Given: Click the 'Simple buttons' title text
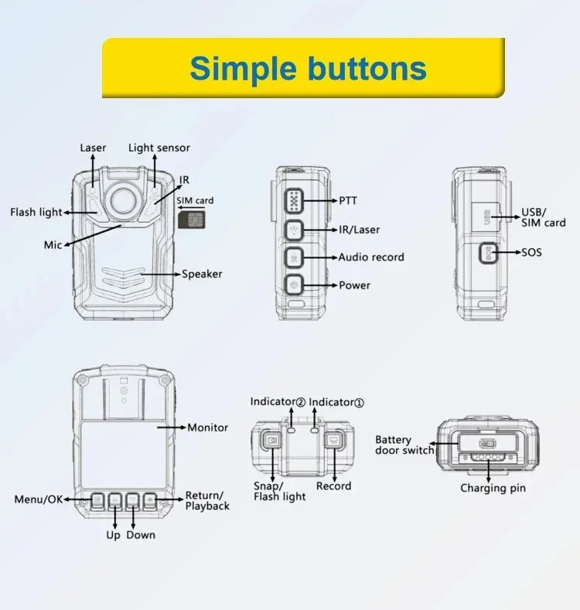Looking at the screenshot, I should [308, 68].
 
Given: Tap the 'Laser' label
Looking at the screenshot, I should [93, 148].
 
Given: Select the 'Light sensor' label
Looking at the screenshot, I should [159, 148].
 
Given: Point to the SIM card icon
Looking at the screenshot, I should [189, 220].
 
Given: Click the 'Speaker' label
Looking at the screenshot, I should [202, 274].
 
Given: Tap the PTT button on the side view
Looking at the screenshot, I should [294, 201].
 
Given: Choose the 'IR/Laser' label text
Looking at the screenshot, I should [360, 230].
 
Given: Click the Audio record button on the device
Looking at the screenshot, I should [294, 257].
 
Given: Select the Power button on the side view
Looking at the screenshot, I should [294, 285].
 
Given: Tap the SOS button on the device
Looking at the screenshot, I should [487, 252].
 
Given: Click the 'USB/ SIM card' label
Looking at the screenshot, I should [544, 217].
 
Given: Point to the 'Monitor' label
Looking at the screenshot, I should [208, 428].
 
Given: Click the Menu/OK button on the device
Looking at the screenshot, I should [97, 500].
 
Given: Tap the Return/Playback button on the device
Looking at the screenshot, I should [150, 500].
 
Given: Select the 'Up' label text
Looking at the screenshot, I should [113, 535].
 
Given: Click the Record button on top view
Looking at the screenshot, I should [333, 441].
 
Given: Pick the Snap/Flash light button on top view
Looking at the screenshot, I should [271, 441].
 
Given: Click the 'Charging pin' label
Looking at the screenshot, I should [493, 488].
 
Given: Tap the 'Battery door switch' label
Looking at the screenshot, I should [404, 445].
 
